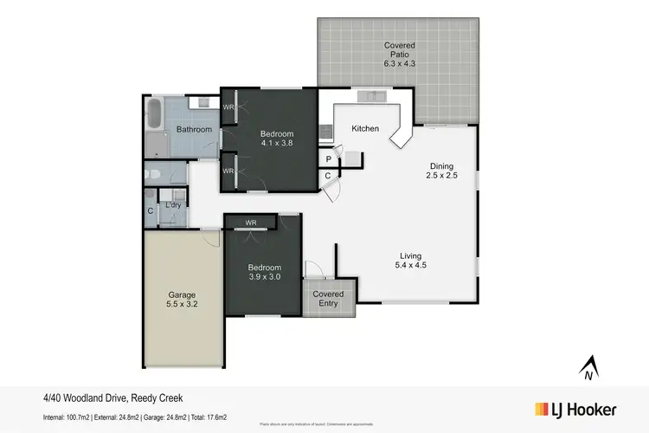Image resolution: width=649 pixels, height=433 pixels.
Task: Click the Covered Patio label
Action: click(399, 54)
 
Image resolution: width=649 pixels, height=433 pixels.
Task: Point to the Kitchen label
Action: click(364, 129)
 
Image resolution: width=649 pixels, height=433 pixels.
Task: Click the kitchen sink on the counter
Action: click(370, 96)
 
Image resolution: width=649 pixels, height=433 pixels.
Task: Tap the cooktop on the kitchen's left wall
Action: click(325, 132)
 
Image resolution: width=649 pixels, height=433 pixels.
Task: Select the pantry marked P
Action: click(329, 159)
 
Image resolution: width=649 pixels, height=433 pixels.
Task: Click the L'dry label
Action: click(172, 205)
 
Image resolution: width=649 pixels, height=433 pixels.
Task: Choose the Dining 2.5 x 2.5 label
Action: click(441, 171)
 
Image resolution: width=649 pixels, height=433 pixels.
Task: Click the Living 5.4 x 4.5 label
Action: click(410, 261)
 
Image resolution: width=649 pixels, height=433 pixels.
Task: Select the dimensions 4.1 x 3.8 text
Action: click(277, 145)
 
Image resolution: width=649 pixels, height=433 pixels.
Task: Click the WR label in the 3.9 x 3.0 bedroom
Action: click(251, 223)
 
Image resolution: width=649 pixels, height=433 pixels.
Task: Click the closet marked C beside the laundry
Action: click(150, 210)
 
